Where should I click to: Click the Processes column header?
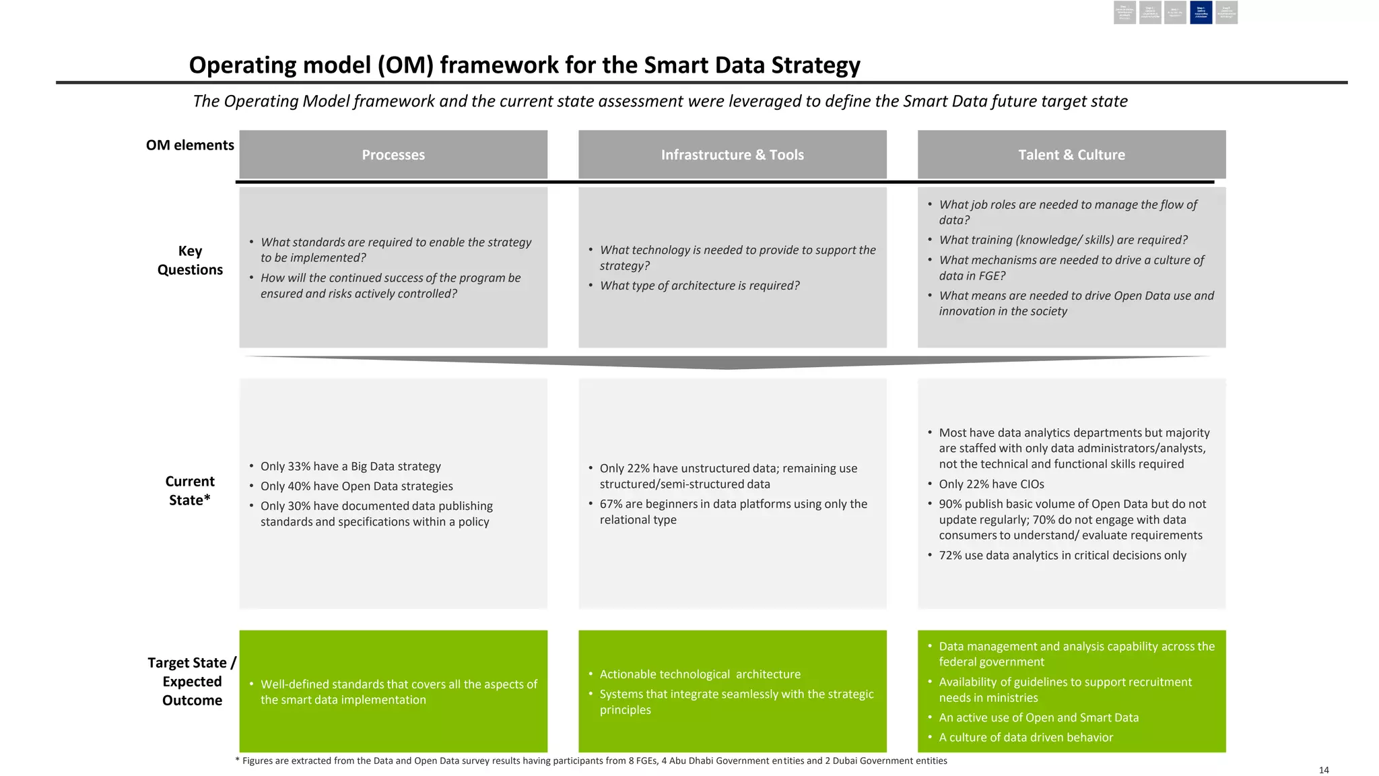pos(393,155)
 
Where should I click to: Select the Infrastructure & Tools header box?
pos(732,155)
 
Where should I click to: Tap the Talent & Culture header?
pos(1071,155)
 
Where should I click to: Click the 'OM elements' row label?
pos(190,145)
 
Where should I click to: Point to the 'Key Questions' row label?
pos(190,260)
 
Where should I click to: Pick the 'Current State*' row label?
pos(190,490)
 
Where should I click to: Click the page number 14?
pos(1323,770)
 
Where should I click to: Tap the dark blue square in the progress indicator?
pos(1201,13)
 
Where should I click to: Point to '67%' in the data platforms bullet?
pos(611,504)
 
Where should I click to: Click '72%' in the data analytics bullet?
pos(950,555)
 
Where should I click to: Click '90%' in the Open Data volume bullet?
pos(950,504)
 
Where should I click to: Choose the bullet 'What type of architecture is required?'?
pos(700,286)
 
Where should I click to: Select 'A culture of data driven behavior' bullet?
pos(1025,738)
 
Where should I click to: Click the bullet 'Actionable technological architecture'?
pos(700,674)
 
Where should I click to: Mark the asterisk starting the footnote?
pos(237,761)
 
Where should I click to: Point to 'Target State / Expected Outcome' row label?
pos(192,681)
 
